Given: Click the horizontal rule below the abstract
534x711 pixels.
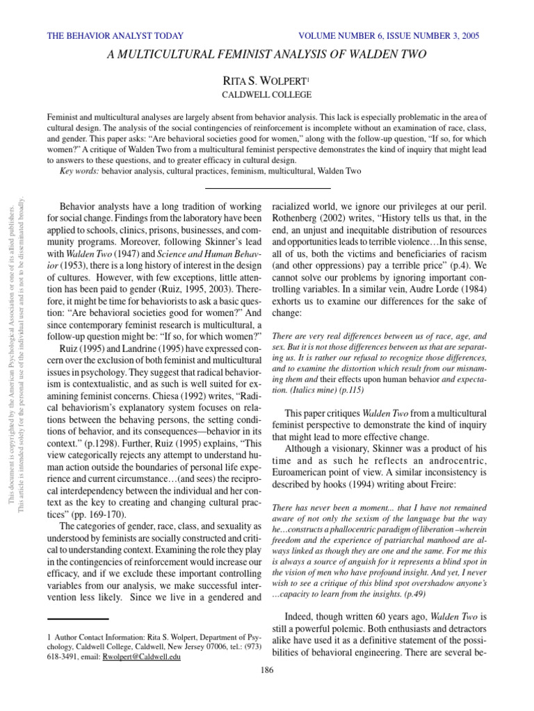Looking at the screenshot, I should tap(268, 188).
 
